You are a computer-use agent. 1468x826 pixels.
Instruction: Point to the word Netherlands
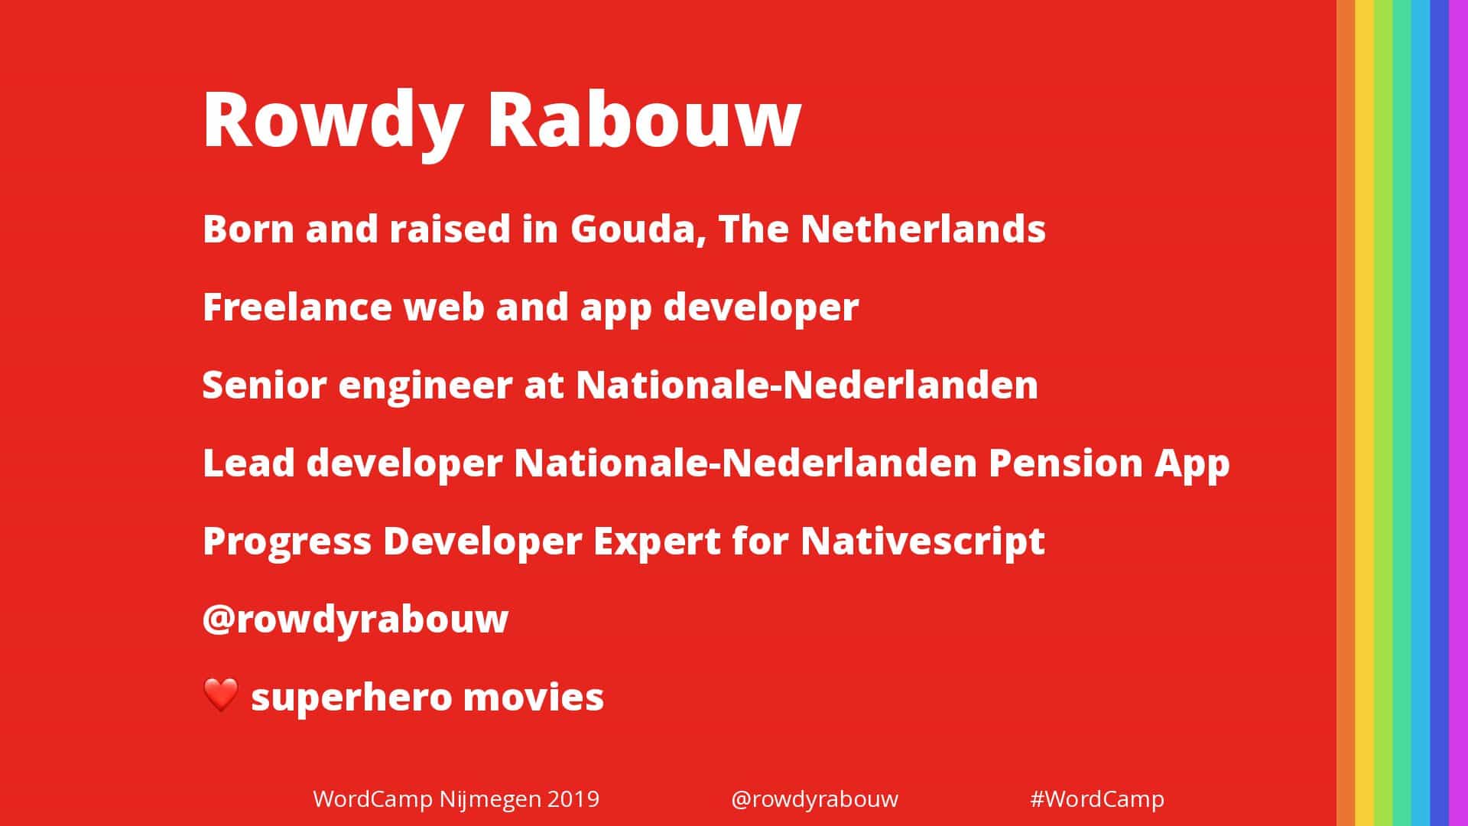coord(923,229)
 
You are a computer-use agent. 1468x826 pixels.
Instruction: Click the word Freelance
coord(297,307)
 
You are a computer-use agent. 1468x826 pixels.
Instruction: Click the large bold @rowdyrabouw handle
coord(356,619)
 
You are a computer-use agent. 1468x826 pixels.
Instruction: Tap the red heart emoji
coord(222,695)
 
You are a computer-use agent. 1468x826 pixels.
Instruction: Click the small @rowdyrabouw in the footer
coord(815,800)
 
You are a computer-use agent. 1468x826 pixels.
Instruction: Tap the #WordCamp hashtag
coord(1097,800)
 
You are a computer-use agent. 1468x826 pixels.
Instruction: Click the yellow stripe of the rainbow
coord(1365,413)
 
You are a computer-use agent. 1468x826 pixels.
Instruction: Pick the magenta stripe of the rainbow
coord(1459,413)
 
